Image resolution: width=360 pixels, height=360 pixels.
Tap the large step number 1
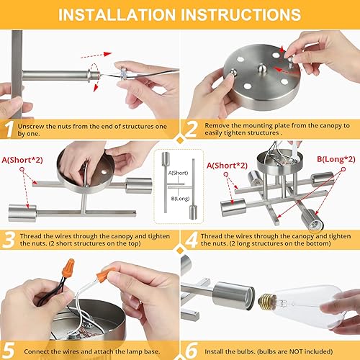(9, 128)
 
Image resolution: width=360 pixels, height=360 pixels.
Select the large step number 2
(190, 128)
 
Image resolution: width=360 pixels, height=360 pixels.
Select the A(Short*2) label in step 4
(228, 166)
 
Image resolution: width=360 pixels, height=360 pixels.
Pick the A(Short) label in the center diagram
(181, 173)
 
